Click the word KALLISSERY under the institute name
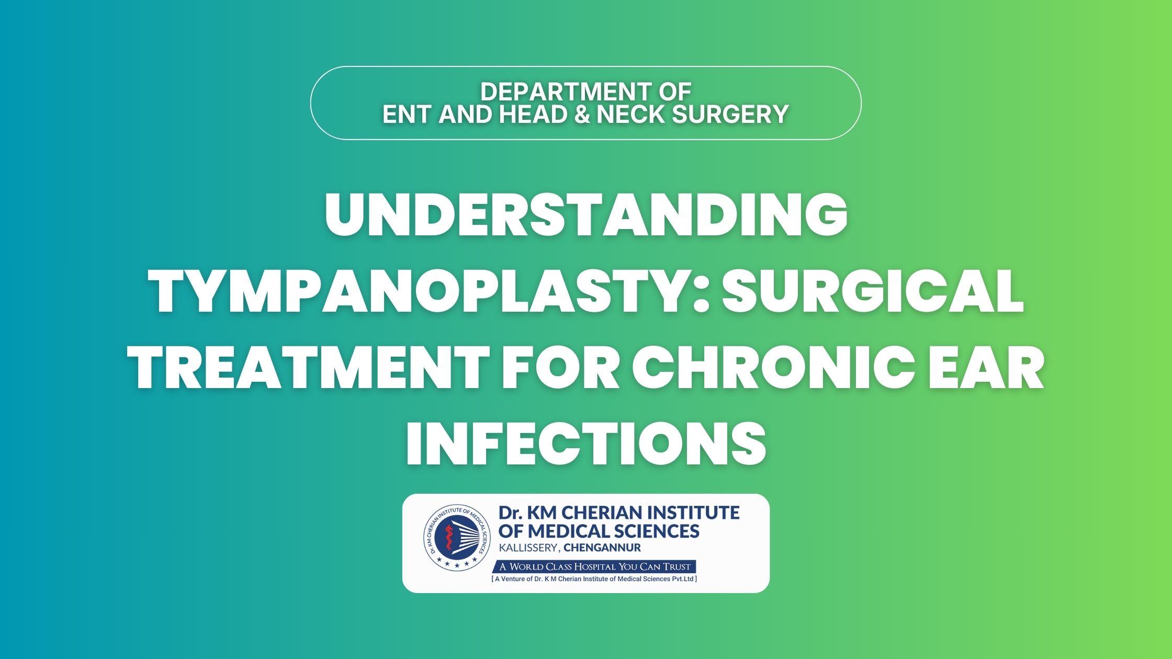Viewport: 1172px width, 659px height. [x=529, y=548]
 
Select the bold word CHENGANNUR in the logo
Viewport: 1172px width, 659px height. [x=602, y=548]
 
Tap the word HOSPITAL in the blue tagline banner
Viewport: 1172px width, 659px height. [x=596, y=566]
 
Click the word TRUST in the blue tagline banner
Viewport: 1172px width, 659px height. [x=677, y=566]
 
